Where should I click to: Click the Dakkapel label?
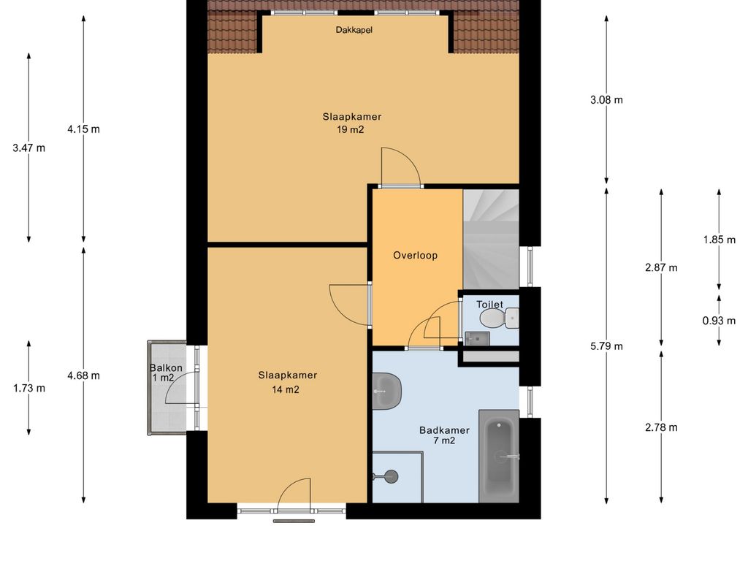(x=354, y=30)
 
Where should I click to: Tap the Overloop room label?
(x=415, y=256)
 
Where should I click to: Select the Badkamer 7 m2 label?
(x=444, y=435)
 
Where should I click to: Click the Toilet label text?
(x=489, y=305)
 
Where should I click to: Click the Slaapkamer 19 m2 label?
(x=351, y=123)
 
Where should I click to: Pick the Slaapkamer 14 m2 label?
(x=287, y=383)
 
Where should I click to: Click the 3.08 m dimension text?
(x=606, y=100)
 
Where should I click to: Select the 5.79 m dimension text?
(x=606, y=346)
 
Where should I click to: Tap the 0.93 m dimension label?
(x=719, y=321)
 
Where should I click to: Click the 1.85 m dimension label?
(x=719, y=240)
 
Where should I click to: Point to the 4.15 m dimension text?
(x=83, y=129)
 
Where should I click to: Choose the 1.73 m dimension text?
(x=29, y=389)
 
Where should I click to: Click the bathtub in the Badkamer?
(x=498, y=456)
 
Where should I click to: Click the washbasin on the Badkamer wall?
(x=386, y=392)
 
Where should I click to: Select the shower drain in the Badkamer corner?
(x=392, y=476)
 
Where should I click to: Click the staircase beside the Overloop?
(x=491, y=239)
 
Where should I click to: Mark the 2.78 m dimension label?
(x=661, y=427)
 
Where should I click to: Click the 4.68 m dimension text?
(x=83, y=376)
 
